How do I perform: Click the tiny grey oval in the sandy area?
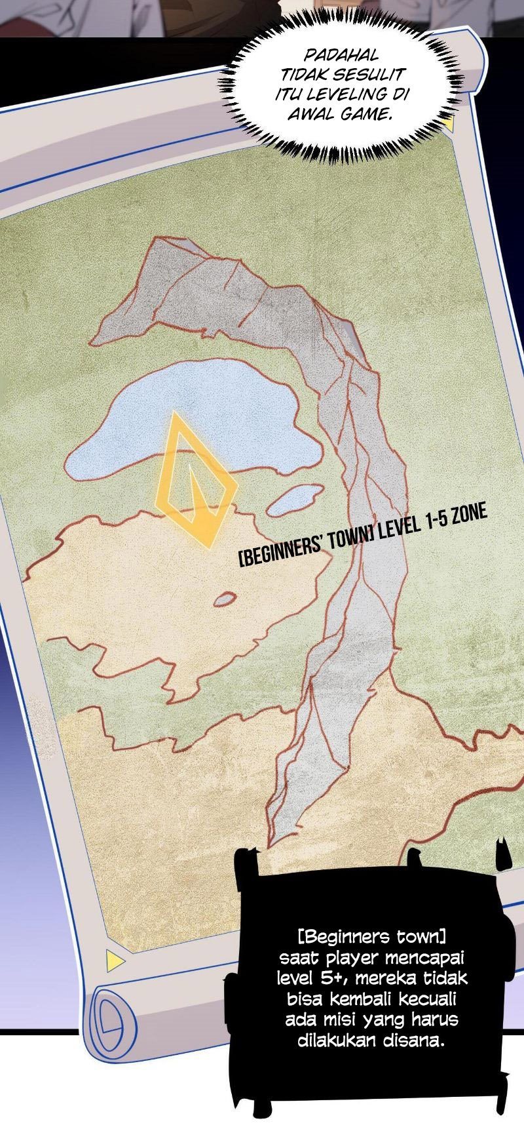[225, 598]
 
